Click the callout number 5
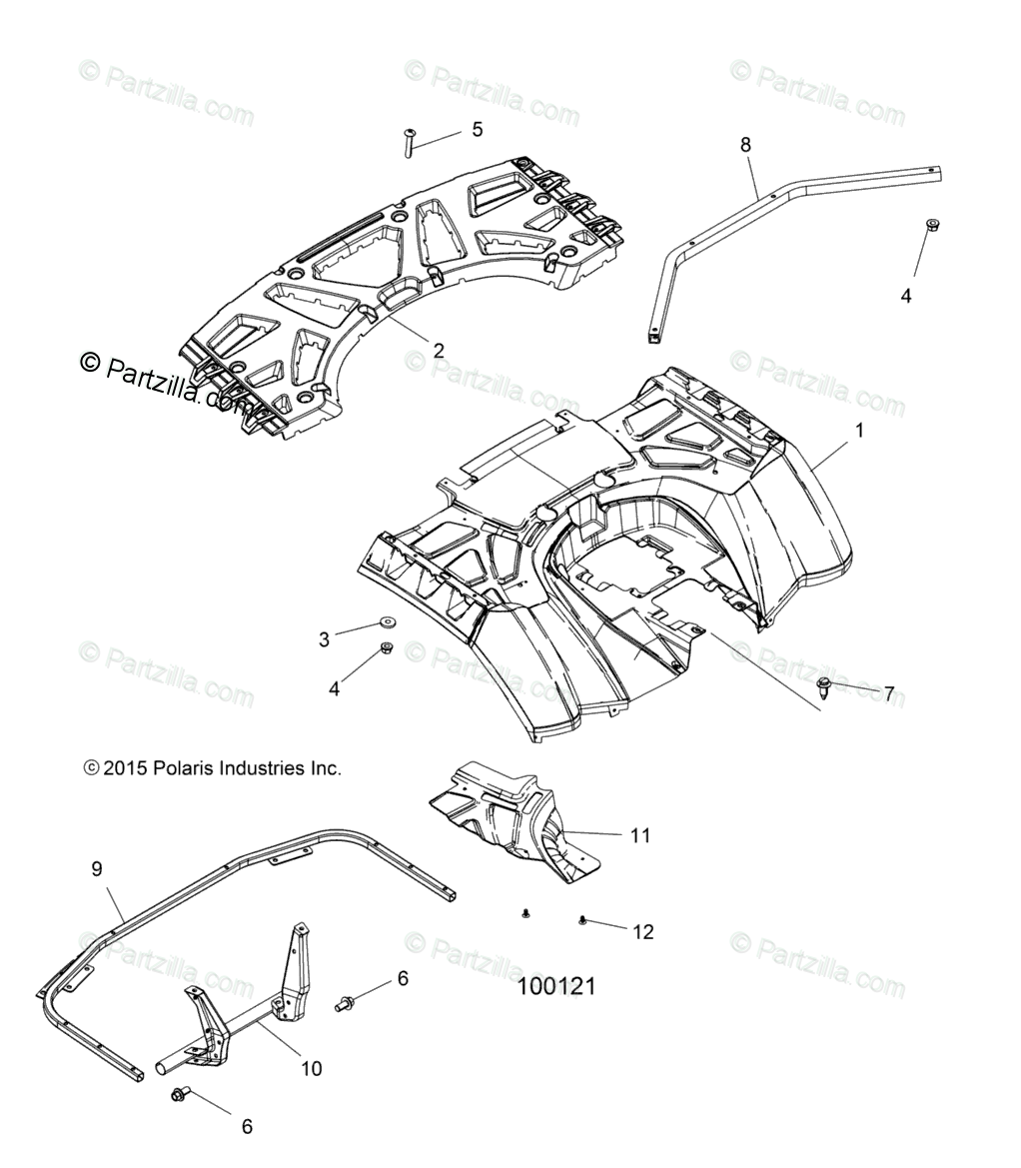(x=477, y=129)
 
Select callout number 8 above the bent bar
(x=745, y=145)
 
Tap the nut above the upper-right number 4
(x=905, y=225)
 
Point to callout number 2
(x=438, y=351)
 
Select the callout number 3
(x=324, y=639)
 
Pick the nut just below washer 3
(x=386, y=650)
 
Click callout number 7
(x=888, y=693)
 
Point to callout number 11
(x=639, y=835)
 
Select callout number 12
(x=643, y=931)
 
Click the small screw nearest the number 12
(x=582, y=919)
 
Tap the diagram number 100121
(x=556, y=986)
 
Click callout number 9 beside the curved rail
(x=97, y=869)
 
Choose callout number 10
(x=311, y=1068)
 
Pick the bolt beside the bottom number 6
(x=181, y=1095)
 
